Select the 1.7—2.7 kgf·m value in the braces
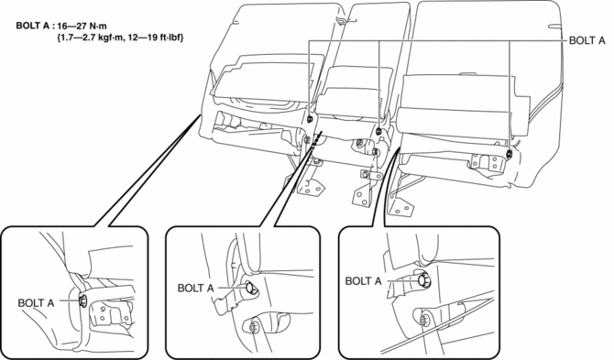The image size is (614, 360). pos(90,38)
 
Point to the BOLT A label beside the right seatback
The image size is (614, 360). pos(587,40)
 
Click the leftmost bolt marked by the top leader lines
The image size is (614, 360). pos(310,118)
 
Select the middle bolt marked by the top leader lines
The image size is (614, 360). pos(379,131)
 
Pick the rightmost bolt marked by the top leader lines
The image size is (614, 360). pos(509,153)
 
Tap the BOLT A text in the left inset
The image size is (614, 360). pos(36,303)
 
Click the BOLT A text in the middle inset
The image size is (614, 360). pos(195,289)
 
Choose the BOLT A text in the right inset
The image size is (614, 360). pos(363,281)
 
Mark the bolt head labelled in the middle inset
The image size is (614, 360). pos(251,289)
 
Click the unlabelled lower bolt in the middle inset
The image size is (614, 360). pos(253,326)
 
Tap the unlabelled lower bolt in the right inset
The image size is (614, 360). pos(424,321)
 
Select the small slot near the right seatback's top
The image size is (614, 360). pos(554,27)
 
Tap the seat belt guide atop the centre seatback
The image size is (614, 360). pos(341,19)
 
